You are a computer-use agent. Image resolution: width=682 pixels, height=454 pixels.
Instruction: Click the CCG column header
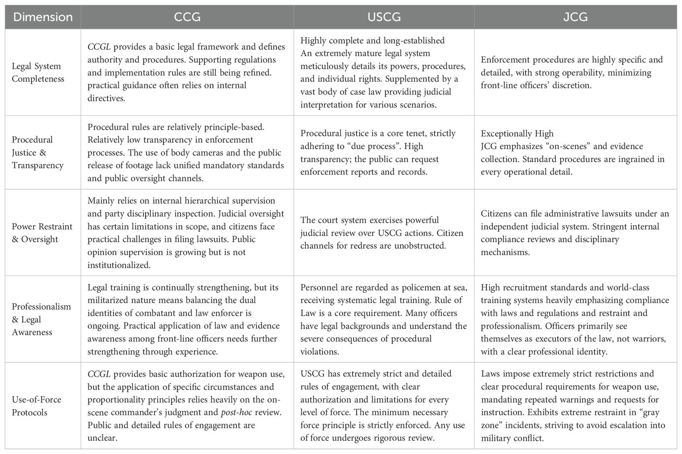click(x=187, y=17)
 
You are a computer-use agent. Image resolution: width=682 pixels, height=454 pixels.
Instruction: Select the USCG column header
click(x=384, y=17)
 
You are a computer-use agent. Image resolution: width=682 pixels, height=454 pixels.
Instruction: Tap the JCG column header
click(x=575, y=17)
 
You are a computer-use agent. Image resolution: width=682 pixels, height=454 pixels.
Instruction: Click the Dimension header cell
click(x=43, y=17)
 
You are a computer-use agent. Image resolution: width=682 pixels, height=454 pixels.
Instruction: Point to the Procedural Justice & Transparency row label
click(x=37, y=152)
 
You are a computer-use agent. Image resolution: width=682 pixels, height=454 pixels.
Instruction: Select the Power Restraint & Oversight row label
click(x=42, y=233)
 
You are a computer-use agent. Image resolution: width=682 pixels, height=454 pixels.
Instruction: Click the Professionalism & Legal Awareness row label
click(x=41, y=319)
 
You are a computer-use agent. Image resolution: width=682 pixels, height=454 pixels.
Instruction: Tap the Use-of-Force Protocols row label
click(x=36, y=406)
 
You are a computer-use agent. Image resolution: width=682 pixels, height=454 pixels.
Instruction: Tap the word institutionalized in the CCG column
click(x=119, y=265)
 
